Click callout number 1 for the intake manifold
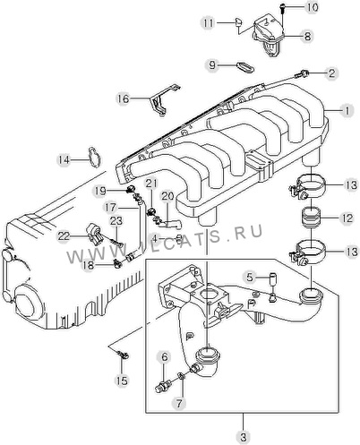[x=347, y=111]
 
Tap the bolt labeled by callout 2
[x=301, y=73]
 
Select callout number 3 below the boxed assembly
[x=244, y=438]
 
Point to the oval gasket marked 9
[x=245, y=67]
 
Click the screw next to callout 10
[x=282, y=8]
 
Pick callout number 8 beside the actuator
[x=307, y=36]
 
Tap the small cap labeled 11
[x=238, y=22]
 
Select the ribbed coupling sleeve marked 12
[x=312, y=218]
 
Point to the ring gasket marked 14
[x=94, y=157]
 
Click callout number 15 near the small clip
[x=122, y=381]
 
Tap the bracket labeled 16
[x=164, y=99]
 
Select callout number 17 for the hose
[x=110, y=207]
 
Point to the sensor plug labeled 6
[x=164, y=387]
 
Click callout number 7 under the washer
[x=179, y=403]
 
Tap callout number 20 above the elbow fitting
[x=167, y=196]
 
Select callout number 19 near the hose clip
[x=100, y=191]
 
